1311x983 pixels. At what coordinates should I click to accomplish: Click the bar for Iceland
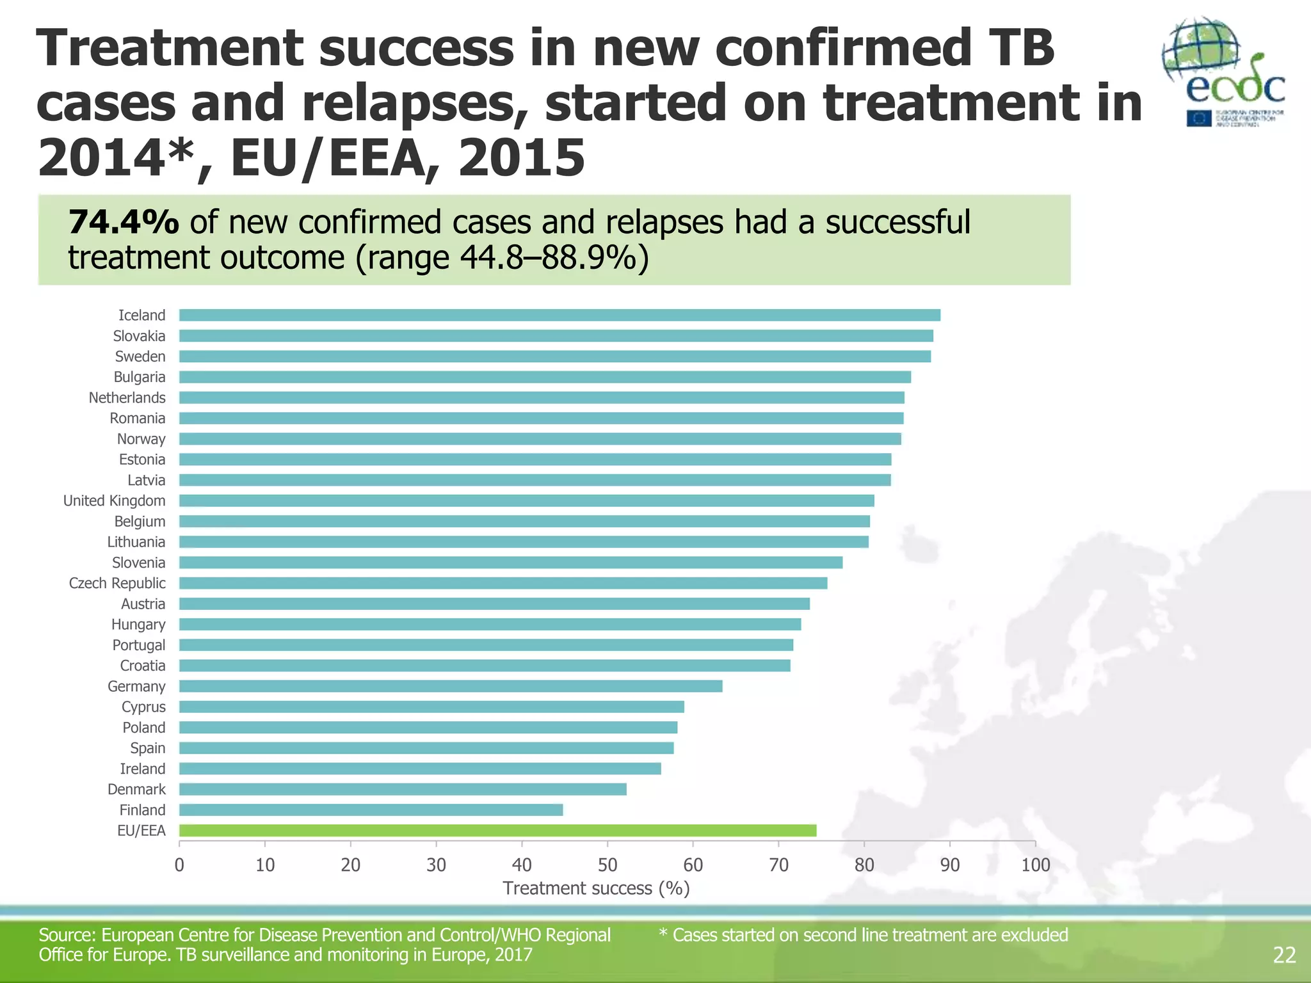point(559,315)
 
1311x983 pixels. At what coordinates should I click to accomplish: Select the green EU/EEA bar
point(497,831)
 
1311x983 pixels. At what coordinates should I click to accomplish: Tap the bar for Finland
point(371,810)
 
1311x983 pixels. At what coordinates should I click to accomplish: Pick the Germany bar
point(451,686)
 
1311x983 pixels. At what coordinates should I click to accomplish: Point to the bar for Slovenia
point(510,563)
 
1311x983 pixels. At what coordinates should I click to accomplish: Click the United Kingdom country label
point(114,500)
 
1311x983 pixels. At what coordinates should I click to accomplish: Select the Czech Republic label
point(117,583)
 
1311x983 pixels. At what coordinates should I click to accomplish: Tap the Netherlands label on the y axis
point(127,397)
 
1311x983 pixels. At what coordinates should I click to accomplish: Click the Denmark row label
point(136,789)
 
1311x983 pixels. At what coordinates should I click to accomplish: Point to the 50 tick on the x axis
point(607,865)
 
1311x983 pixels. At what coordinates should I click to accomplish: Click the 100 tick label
point(1035,865)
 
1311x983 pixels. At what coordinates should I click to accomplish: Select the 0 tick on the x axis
point(179,865)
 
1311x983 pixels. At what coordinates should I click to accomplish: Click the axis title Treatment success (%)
point(596,888)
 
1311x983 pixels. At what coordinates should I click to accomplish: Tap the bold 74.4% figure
point(124,222)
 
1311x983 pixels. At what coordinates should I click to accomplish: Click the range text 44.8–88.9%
point(549,258)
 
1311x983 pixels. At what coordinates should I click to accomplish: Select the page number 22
point(1284,955)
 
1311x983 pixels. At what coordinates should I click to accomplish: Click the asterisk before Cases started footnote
point(663,934)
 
